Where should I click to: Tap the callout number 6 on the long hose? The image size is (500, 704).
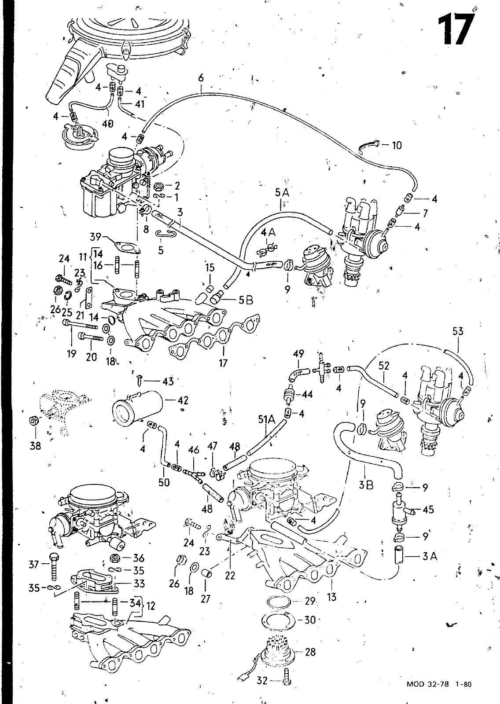pyautogui.click(x=201, y=78)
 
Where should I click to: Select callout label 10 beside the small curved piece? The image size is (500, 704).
pyautogui.click(x=397, y=145)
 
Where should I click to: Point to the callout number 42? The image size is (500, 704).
pyautogui.click(x=183, y=400)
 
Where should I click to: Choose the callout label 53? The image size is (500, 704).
pyautogui.click(x=458, y=331)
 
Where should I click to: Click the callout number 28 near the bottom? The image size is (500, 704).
pyautogui.click(x=310, y=652)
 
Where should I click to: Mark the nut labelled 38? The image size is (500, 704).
pyautogui.click(x=33, y=421)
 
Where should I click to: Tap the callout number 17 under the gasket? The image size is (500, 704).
pyautogui.click(x=223, y=363)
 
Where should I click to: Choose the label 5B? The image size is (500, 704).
pyautogui.click(x=246, y=301)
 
